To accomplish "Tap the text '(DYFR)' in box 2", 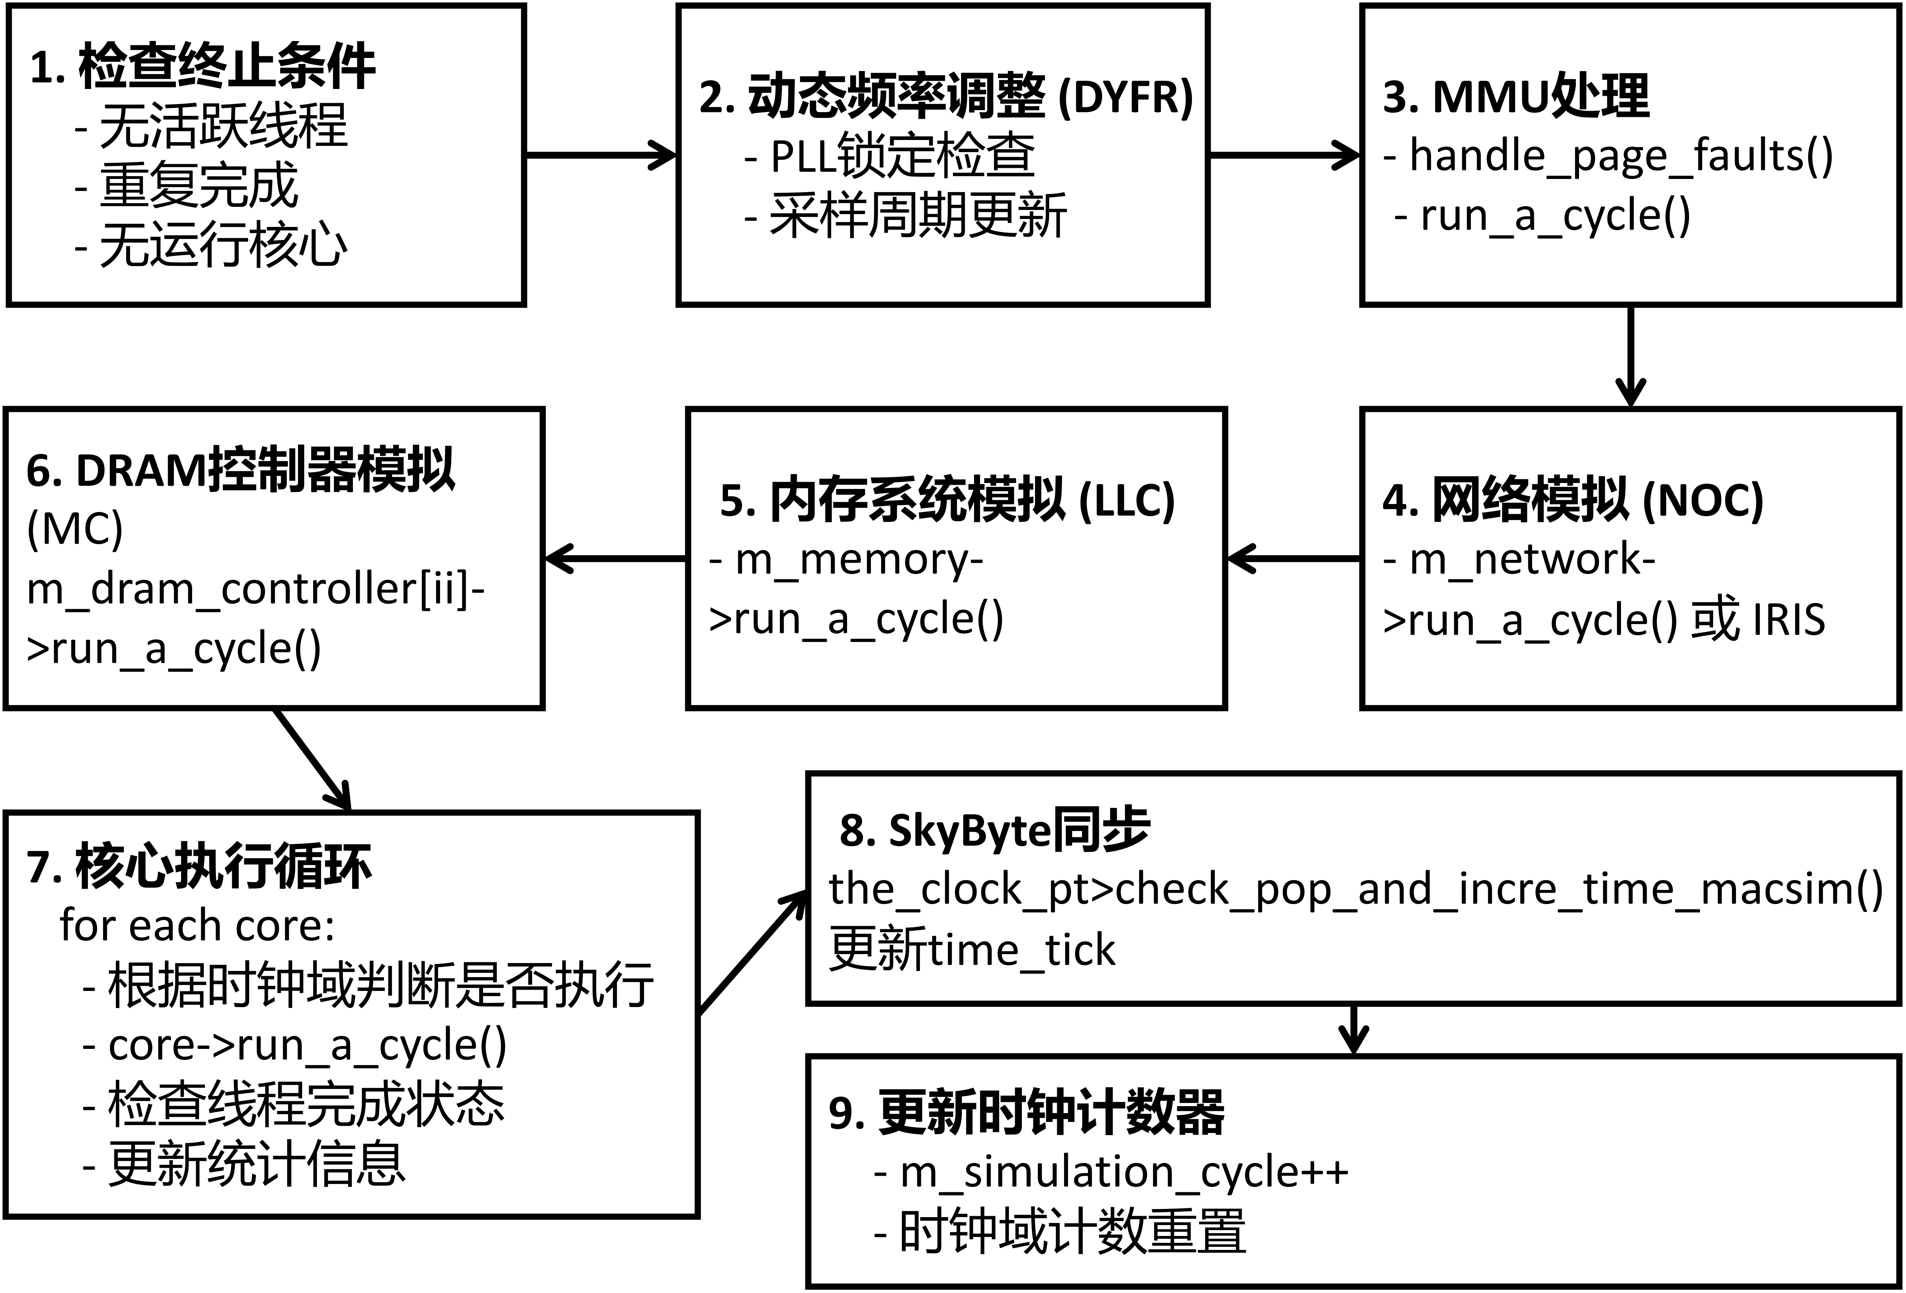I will tap(1125, 97).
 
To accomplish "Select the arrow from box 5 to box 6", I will tap(615, 559).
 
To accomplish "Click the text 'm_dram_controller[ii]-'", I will tap(256, 589).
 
